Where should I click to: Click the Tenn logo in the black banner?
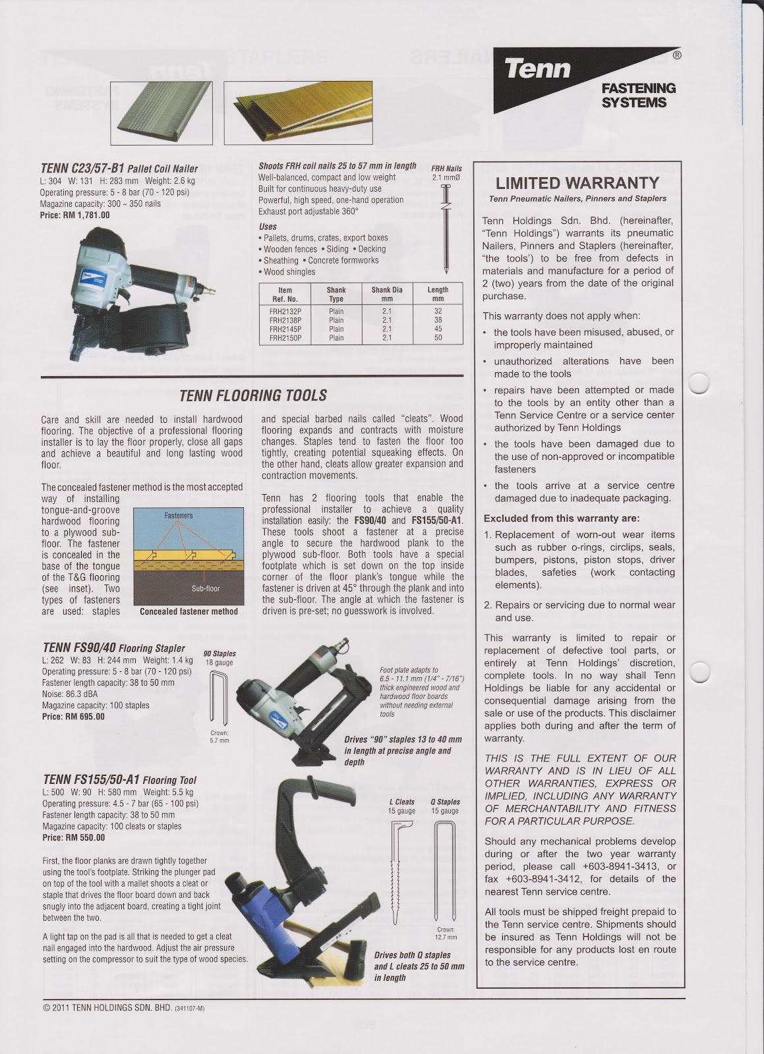click(539, 69)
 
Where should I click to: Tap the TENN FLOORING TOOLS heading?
click(253, 395)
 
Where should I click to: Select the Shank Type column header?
click(336, 294)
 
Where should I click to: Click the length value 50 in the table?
click(438, 338)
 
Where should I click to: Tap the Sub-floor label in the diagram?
click(206, 588)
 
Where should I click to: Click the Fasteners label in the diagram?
click(178, 515)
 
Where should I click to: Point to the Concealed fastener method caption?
click(189, 611)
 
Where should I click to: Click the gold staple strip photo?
click(297, 112)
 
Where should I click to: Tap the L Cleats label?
click(401, 802)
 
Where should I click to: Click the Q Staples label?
click(445, 802)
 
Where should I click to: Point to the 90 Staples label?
click(220, 653)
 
